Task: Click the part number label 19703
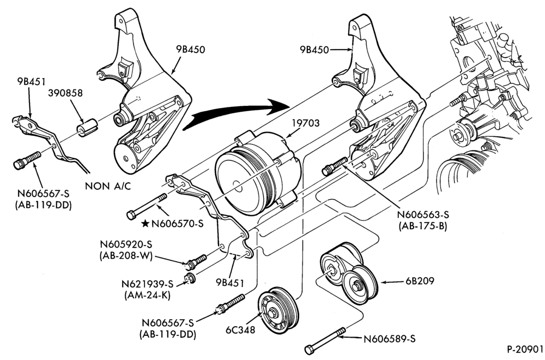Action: click(306, 123)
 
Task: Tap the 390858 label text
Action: click(65, 93)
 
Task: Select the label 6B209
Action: click(420, 281)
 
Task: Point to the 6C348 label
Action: click(240, 330)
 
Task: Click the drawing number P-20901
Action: click(524, 349)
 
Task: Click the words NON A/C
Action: click(108, 186)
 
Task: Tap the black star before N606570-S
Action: click(146, 223)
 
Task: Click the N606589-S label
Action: click(389, 339)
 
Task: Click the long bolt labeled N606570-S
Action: click(147, 207)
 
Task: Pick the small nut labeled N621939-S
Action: click(190, 278)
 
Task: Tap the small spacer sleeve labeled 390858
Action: click(87, 127)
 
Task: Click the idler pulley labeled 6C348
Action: click(278, 308)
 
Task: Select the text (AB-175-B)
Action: click(423, 226)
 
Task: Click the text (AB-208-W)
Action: click(126, 256)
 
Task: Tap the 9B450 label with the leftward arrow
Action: click(314, 50)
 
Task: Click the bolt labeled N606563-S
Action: click(335, 166)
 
